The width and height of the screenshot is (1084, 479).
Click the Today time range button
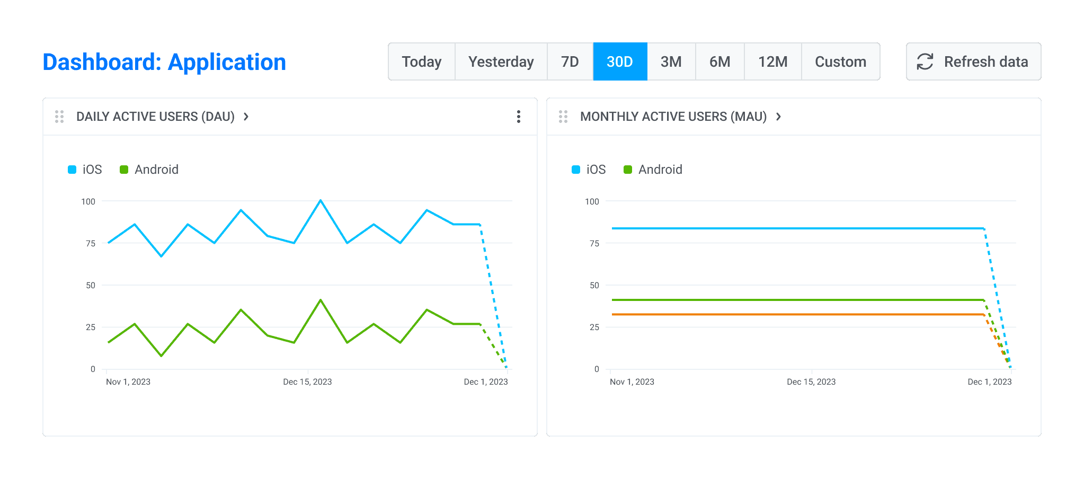coord(421,62)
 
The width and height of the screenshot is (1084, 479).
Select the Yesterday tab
coord(501,62)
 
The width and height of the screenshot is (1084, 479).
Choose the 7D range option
coord(570,62)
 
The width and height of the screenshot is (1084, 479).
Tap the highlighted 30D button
coord(620,62)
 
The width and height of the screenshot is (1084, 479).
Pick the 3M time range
coord(671,62)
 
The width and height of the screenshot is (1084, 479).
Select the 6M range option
coord(719,62)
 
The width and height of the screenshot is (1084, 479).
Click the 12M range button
coord(772,62)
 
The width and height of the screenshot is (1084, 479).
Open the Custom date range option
coord(840,62)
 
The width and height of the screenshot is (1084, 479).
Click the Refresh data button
coord(973,62)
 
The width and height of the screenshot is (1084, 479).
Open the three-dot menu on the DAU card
coord(518,117)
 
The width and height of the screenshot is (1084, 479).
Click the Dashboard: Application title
coord(164,62)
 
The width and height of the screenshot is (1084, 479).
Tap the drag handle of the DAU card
coord(59,117)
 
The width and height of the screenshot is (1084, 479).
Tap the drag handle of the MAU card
coord(563,117)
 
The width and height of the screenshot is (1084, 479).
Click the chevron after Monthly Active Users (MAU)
coord(778,117)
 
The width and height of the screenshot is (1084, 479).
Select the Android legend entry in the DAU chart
coord(149,170)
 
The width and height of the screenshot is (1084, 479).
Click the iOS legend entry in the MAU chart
coord(589,170)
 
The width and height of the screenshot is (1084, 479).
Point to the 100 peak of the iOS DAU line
coord(321,201)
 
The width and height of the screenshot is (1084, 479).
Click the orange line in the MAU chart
coord(795,315)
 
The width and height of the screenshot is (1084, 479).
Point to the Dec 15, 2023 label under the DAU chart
coord(307,382)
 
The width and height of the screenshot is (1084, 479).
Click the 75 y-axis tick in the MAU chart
coord(594,243)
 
